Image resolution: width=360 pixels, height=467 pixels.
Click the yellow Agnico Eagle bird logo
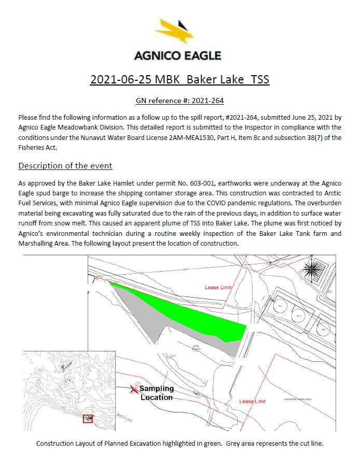pos(177,32)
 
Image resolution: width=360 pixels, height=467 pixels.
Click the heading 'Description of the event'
pos(65,166)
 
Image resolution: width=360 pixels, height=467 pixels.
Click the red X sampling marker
pos(134,388)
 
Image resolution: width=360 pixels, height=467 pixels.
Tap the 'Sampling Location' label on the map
pos(157,393)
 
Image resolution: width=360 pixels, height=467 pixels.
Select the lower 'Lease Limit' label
pos(252,401)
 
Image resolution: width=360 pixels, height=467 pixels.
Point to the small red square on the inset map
pos(88,418)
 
